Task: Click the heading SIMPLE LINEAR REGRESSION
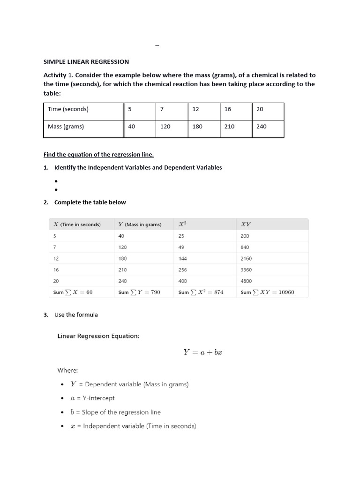coord(86,61)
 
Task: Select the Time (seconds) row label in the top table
coord(68,109)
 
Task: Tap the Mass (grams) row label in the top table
coord(66,126)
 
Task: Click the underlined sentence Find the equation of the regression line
coord(98,154)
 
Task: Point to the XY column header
coord(245,225)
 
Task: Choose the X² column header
coord(183,225)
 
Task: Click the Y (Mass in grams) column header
coord(140,225)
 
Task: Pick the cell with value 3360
coord(246,270)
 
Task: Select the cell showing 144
coord(183,258)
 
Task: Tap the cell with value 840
coord(245,247)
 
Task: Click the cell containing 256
coord(183,270)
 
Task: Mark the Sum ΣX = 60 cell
coord(73,292)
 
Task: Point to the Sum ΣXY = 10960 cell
coord(267,292)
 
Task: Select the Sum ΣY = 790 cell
coord(139,292)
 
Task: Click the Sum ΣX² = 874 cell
coord(201,292)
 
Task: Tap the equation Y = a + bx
coord(202,352)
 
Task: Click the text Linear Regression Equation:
coord(98,336)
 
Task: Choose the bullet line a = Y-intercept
coord(92,398)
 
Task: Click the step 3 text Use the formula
coord(76,315)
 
